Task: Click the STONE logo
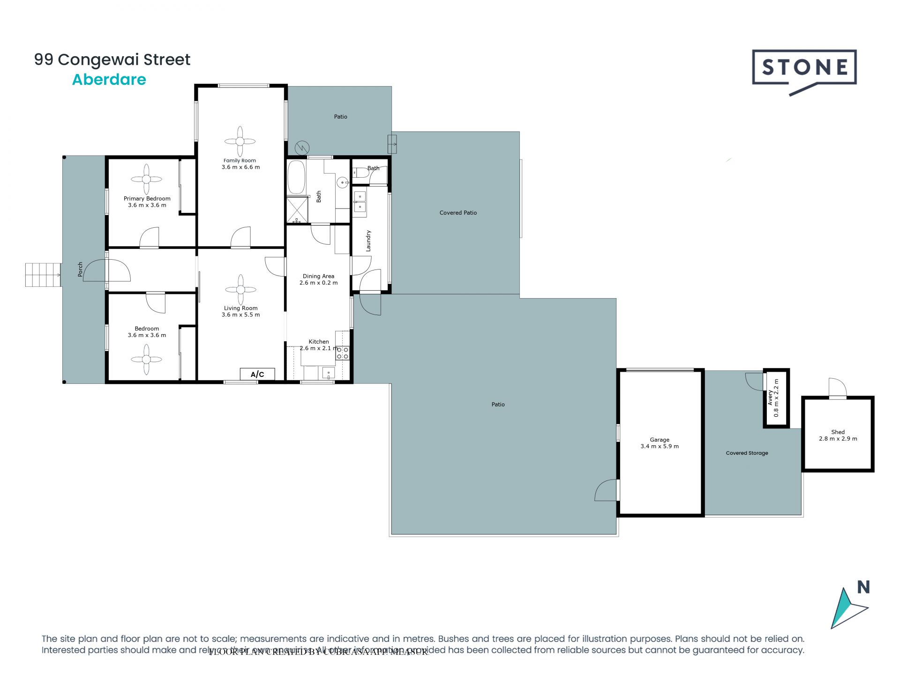pos(804,68)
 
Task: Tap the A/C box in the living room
pos(257,374)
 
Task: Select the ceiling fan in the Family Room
pos(240,141)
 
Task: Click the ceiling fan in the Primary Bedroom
pos(147,179)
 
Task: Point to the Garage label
pos(659,440)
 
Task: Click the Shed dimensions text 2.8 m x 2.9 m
pos(838,439)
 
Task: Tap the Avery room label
pos(770,397)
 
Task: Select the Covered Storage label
pos(747,453)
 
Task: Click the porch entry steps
pos(43,275)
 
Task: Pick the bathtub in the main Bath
pos(296,177)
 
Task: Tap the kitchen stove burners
pos(343,353)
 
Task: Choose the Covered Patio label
pos(458,213)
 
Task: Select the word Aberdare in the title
pos(109,80)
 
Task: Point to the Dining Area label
pos(318,276)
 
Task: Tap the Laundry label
pos(368,240)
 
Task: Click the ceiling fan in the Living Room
pos(240,290)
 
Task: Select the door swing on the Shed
pos(838,388)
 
